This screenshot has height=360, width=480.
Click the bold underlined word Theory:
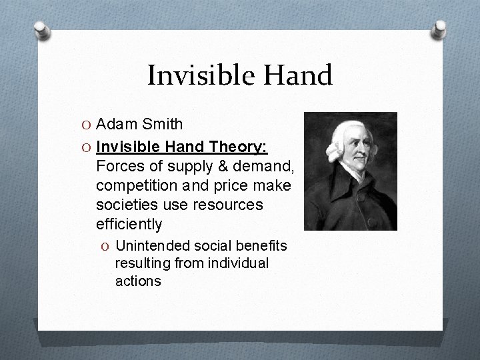[243, 147]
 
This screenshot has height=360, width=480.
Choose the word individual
[237, 263]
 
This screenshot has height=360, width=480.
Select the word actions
[138, 281]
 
